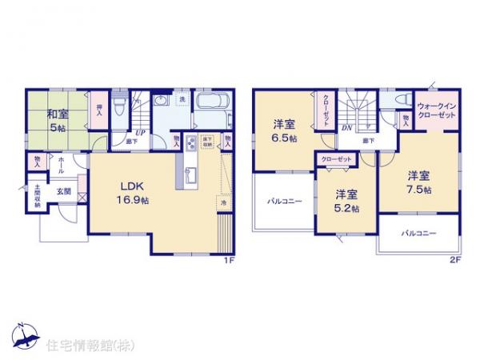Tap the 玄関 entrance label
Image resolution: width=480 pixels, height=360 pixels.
click(63, 192)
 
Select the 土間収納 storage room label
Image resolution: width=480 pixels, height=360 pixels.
click(37, 198)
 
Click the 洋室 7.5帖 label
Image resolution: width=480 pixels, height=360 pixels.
click(418, 182)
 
